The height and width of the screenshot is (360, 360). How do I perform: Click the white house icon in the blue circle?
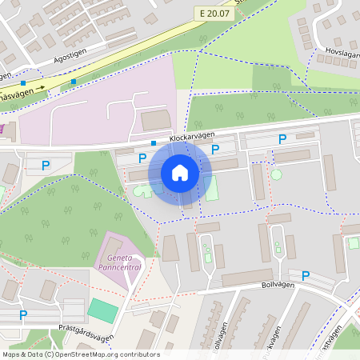tap(180, 173)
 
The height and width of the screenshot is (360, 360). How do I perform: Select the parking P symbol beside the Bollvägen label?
tap(305, 276)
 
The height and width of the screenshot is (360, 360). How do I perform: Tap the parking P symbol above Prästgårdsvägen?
tap(23, 315)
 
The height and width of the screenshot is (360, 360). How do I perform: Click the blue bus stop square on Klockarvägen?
tap(154, 142)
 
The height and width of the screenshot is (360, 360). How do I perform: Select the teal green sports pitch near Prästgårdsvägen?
tap(102, 310)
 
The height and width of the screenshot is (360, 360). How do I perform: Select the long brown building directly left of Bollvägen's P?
tap(247, 278)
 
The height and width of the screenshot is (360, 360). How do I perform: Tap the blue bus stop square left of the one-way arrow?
tap(23, 83)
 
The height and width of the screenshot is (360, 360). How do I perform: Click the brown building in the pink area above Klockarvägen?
tap(156, 120)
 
